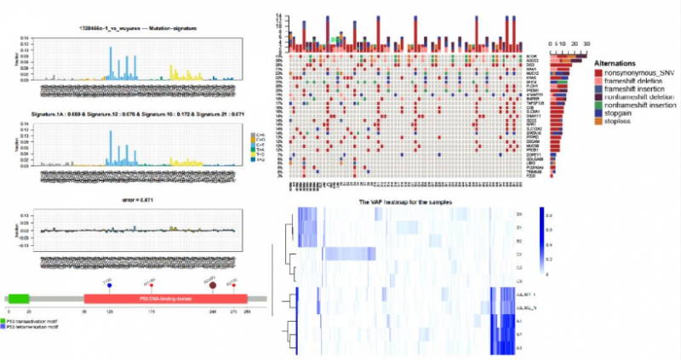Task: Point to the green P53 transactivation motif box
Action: (19, 300)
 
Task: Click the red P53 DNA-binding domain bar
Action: (165, 300)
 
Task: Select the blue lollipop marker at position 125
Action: (109, 284)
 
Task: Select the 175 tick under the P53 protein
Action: (151, 314)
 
